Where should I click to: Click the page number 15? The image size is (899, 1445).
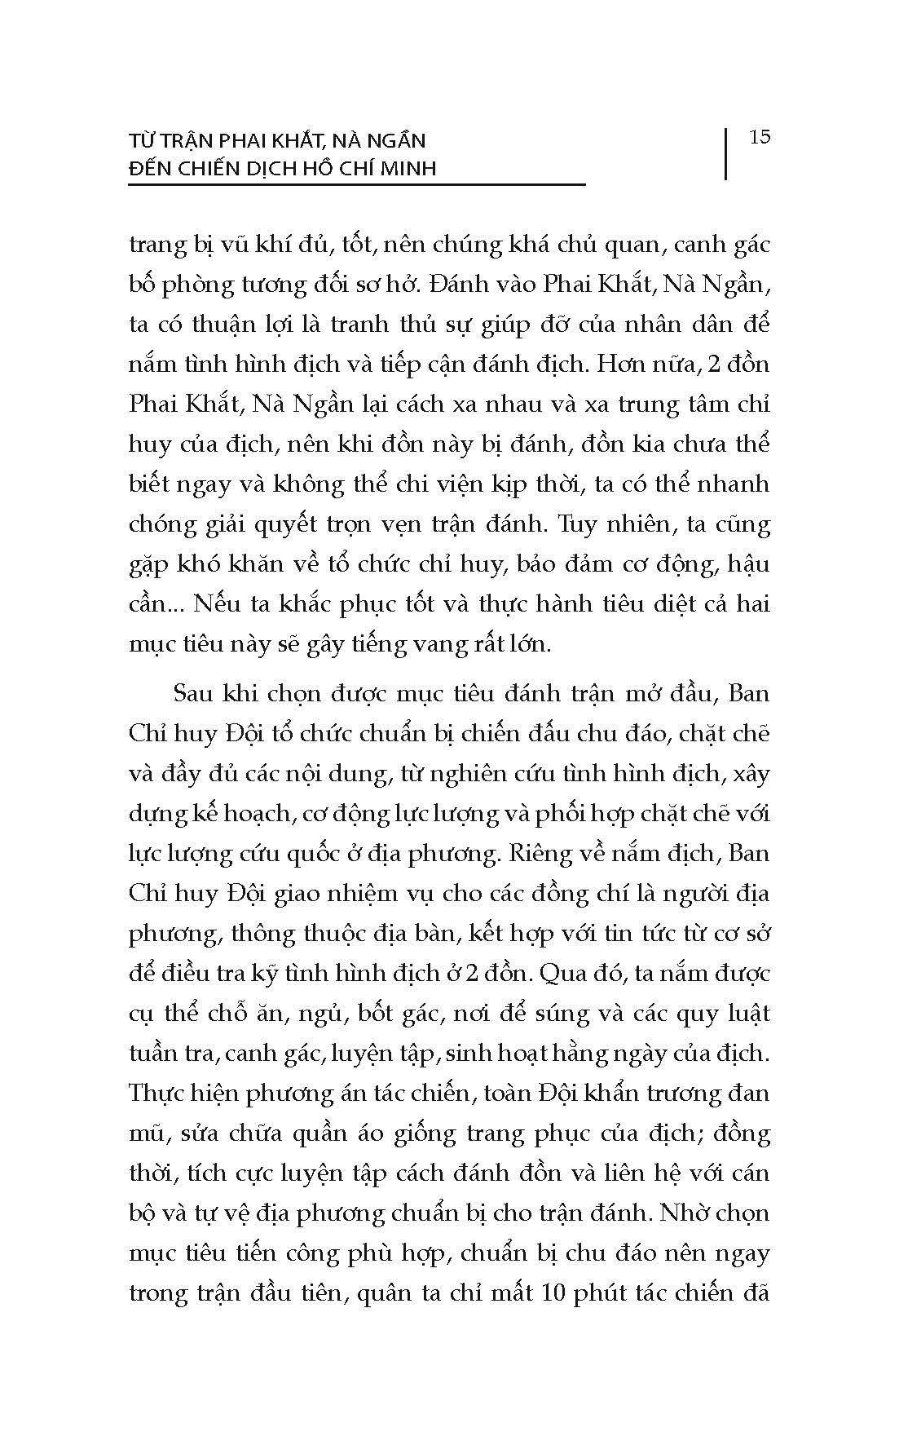click(x=760, y=137)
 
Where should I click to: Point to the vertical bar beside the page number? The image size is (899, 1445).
click(x=725, y=152)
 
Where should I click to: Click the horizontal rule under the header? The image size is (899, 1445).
click(x=356, y=185)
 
